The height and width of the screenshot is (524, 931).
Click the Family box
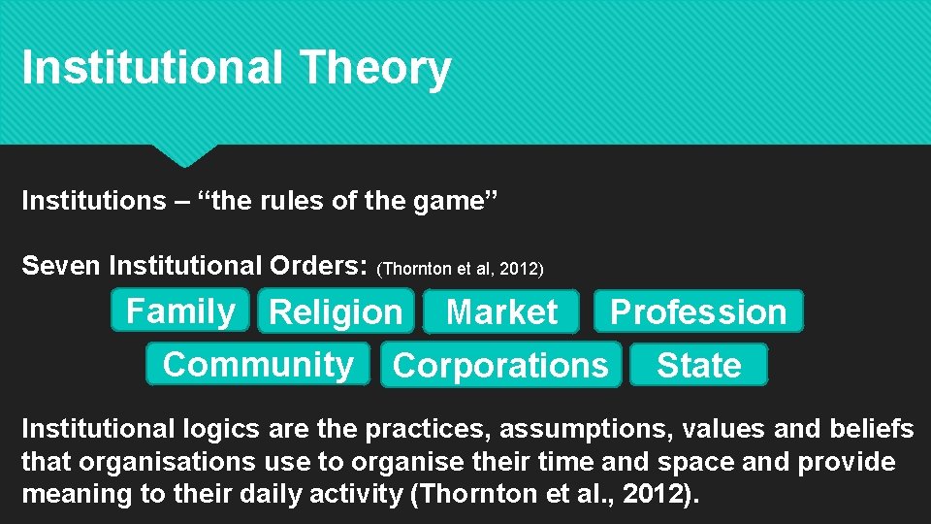click(x=180, y=311)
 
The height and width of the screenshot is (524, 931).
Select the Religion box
click(x=336, y=312)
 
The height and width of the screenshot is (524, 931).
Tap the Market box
click(x=501, y=312)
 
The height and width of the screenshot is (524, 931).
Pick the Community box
click(x=258, y=365)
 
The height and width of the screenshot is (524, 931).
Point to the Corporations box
click(x=500, y=366)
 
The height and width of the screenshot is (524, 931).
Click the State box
click(x=698, y=366)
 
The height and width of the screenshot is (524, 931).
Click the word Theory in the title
click(x=375, y=69)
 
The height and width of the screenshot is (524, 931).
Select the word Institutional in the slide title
click(x=152, y=69)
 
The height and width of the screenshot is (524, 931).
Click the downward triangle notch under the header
click(x=183, y=154)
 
